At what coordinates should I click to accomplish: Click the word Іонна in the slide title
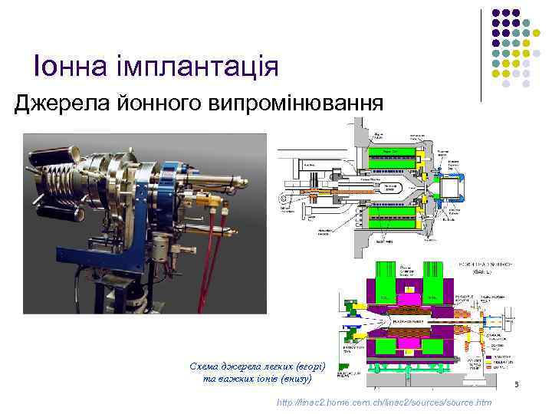click(64, 67)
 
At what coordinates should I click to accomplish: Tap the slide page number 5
click(517, 384)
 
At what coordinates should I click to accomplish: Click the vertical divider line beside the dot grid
click(481, 54)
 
